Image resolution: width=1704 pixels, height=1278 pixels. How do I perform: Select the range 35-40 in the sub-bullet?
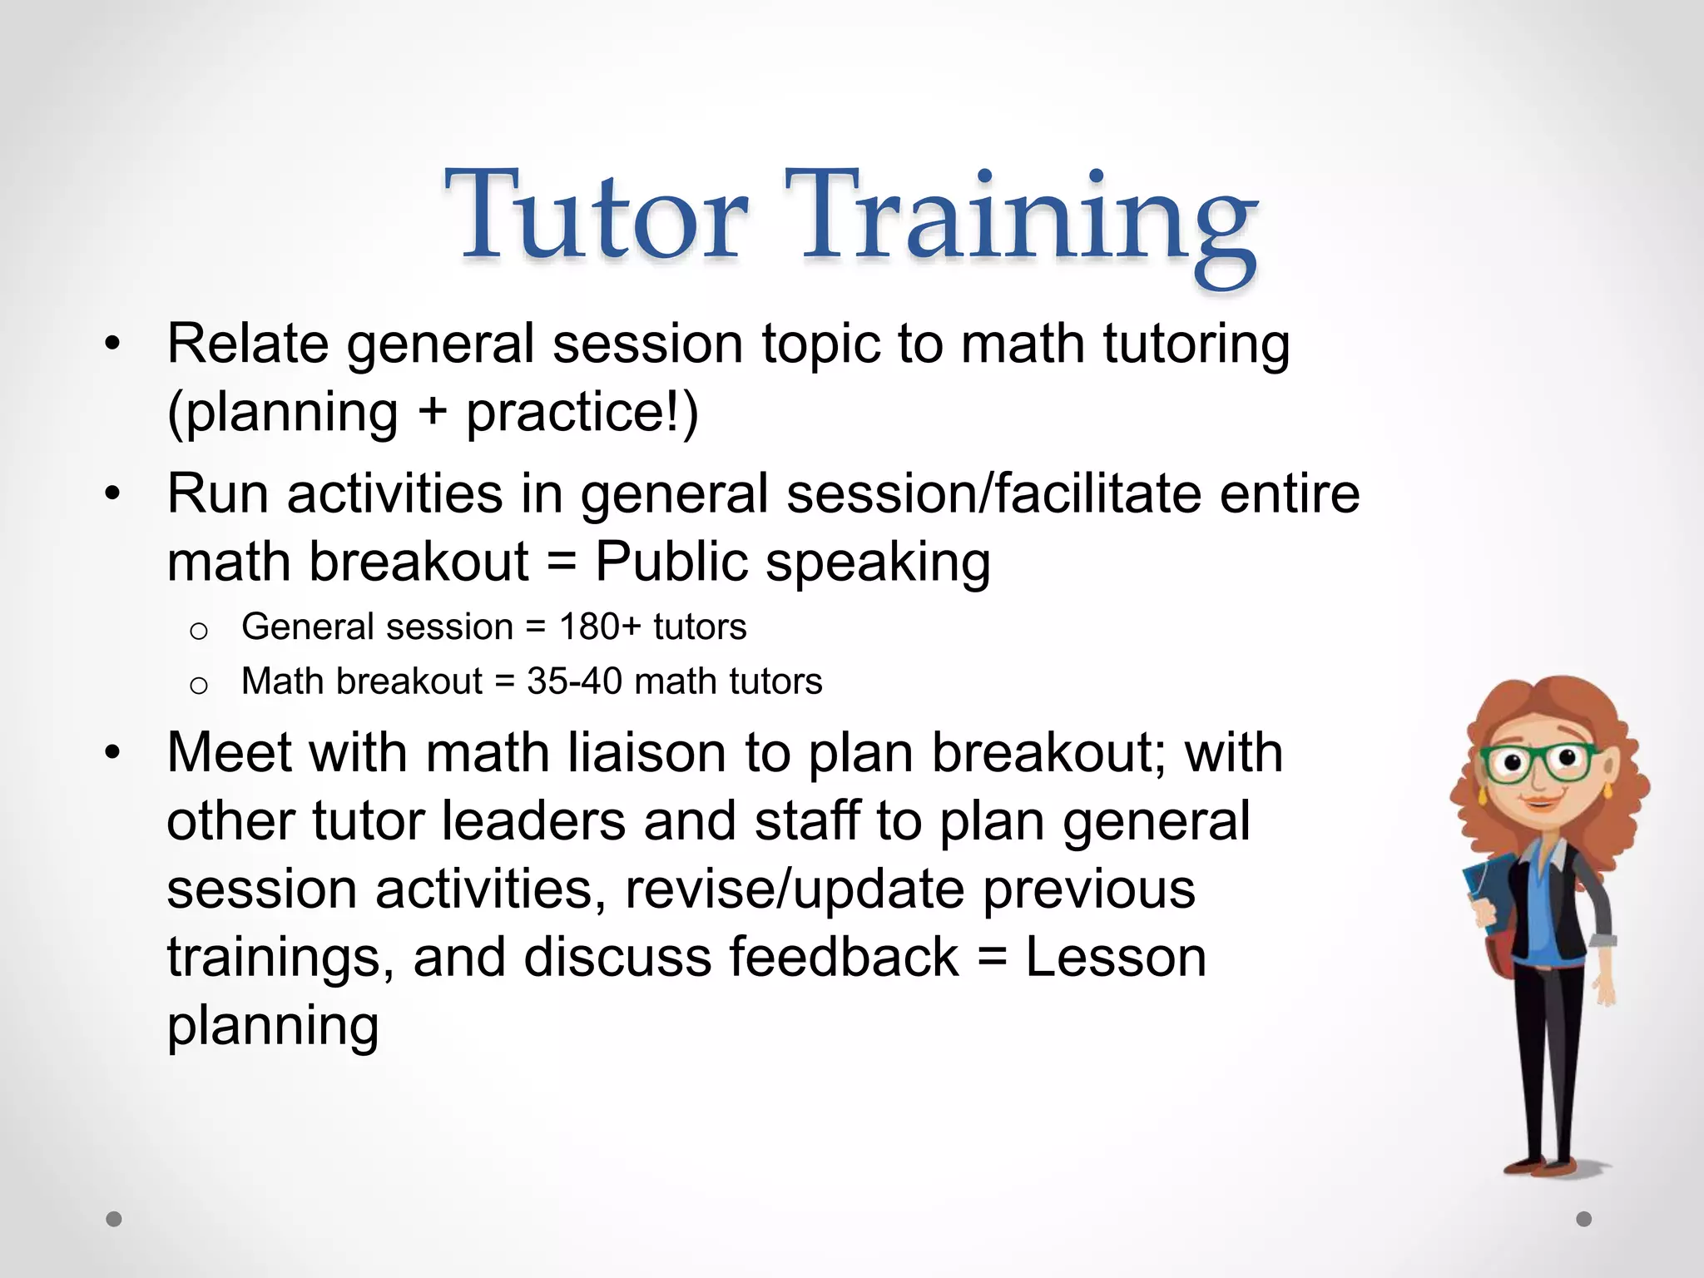[574, 681]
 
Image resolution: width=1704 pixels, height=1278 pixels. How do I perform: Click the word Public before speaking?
[671, 562]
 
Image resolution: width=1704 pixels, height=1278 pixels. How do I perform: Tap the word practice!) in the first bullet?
[582, 412]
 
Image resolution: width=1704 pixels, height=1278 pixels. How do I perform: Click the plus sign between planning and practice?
[432, 414]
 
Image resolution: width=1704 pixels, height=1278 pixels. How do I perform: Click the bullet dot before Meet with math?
[113, 754]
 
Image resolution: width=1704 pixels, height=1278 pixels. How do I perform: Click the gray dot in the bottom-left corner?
[114, 1219]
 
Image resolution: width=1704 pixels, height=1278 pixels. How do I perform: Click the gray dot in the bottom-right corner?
[1584, 1219]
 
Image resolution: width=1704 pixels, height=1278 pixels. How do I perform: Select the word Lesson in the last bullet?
[1115, 957]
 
